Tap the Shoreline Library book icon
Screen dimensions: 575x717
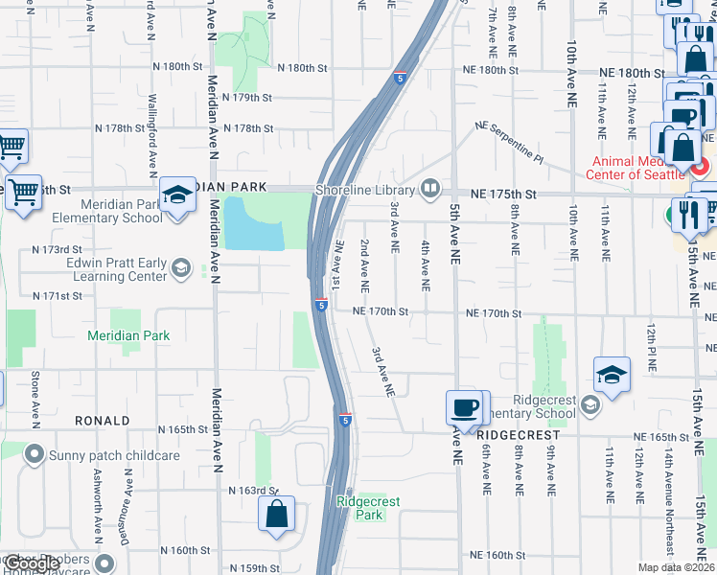(x=430, y=188)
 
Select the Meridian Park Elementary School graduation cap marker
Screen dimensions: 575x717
(x=177, y=196)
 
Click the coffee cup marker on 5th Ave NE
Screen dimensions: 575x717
(x=465, y=408)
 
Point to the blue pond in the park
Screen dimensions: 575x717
(x=253, y=224)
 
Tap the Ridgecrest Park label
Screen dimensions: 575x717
(x=368, y=508)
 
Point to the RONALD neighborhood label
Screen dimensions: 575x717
(x=103, y=421)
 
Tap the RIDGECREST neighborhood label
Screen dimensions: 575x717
(x=523, y=434)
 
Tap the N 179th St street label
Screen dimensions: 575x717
(x=248, y=98)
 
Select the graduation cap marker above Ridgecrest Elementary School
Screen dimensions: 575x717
(x=612, y=376)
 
